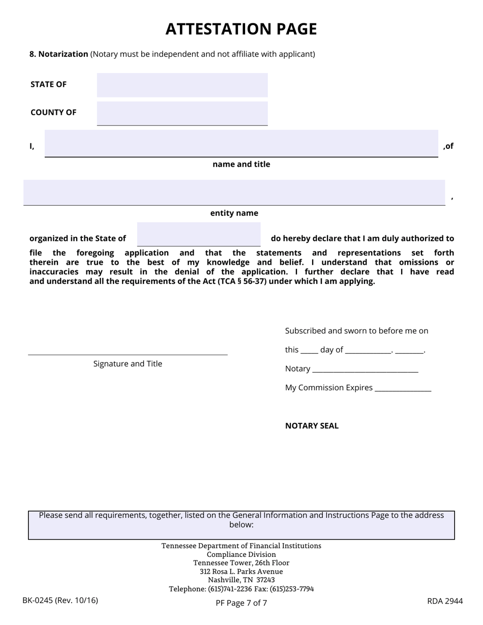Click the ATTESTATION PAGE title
click(x=241, y=29)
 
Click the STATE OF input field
click(x=182, y=85)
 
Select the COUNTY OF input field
click(x=182, y=113)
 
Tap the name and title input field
click(x=241, y=143)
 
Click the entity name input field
click(x=234, y=192)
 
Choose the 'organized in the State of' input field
click(x=198, y=234)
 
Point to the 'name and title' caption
click(x=241, y=164)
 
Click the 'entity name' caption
click(x=234, y=213)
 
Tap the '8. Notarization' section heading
click(x=59, y=54)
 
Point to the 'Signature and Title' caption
click(x=128, y=364)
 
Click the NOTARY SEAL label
click(x=312, y=426)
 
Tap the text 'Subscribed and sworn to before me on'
click(x=356, y=331)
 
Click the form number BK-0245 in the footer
click(x=60, y=600)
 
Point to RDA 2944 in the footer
click(x=445, y=601)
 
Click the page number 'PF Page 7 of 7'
click(x=241, y=603)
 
